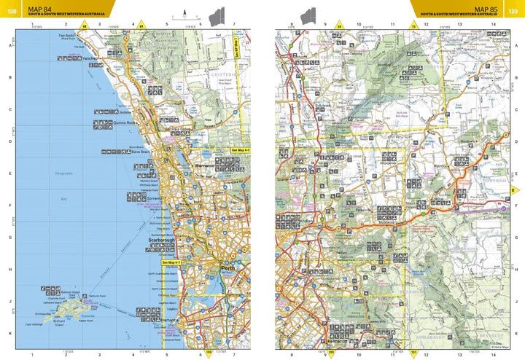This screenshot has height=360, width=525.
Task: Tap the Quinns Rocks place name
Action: pos(126,122)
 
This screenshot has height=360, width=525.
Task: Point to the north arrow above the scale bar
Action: pos(187,11)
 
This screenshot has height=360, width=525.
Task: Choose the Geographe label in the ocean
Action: pos(63,173)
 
